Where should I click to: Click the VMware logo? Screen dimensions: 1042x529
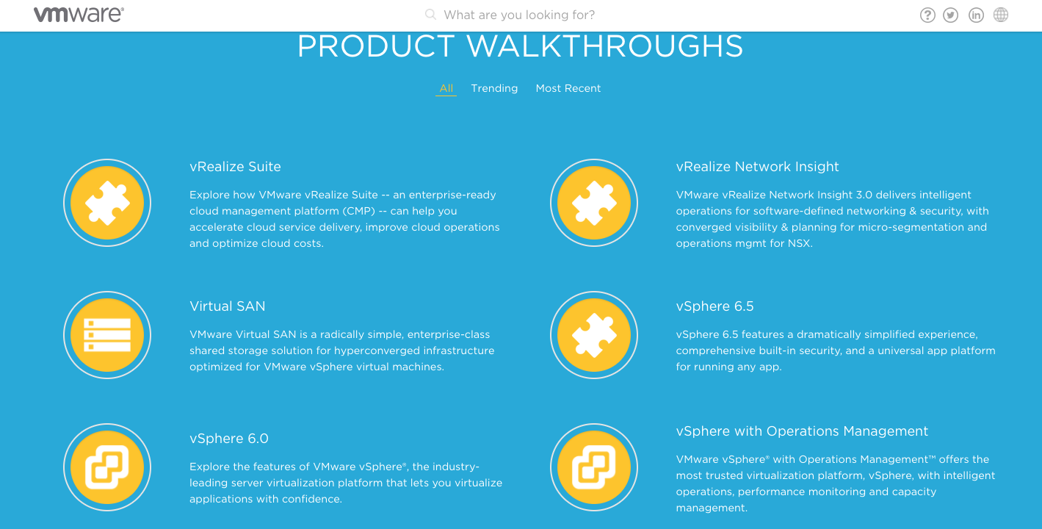(79, 15)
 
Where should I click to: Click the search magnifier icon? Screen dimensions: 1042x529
(430, 15)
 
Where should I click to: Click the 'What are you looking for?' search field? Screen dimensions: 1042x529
(519, 15)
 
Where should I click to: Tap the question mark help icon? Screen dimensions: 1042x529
(927, 15)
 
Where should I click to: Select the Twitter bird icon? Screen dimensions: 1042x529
(950, 15)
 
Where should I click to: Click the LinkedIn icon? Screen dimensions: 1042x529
(976, 15)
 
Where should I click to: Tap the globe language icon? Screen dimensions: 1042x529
(1001, 15)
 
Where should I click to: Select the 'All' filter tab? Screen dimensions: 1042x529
(446, 88)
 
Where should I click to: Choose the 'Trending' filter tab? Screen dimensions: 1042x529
(494, 88)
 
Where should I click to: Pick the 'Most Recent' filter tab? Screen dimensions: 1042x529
(568, 88)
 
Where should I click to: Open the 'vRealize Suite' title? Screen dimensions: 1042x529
(235, 167)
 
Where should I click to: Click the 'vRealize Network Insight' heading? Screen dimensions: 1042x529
(757, 167)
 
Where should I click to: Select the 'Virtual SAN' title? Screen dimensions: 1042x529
(227, 306)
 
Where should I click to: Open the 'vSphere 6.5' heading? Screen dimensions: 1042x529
(714, 306)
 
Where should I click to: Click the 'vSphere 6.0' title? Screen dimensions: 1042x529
(229, 439)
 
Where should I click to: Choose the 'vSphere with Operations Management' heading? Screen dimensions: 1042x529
(802, 431)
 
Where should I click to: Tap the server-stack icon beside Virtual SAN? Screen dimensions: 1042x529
(107, 335)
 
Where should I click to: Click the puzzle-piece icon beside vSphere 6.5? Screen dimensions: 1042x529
(594, 335)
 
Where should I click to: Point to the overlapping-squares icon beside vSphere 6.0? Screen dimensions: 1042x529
(107, 467)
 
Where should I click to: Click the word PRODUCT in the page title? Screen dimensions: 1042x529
(376, 46)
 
